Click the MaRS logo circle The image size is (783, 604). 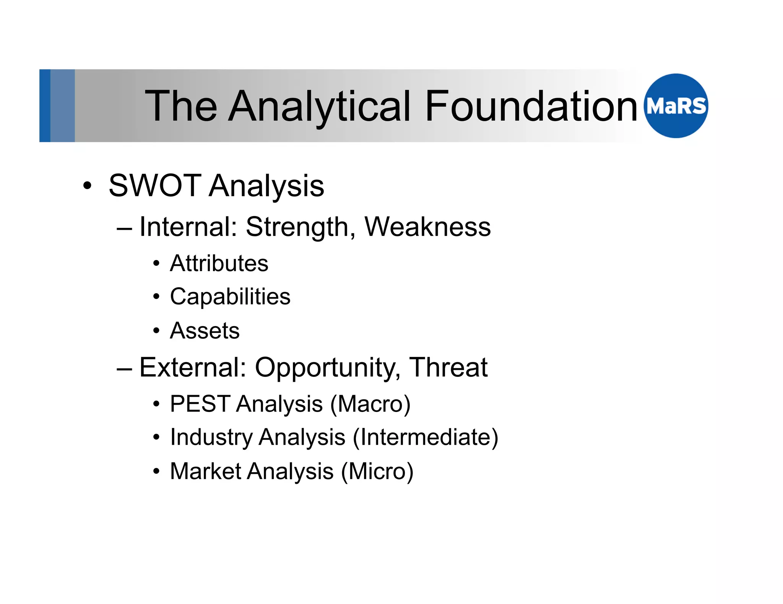(676, 106)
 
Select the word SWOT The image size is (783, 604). (155, 186)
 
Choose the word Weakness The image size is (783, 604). (427, 227)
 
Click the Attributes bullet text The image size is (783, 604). (219, 263)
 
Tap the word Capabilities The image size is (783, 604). (230, 297)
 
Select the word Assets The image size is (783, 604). (205, 330)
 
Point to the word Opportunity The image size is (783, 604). (328, 367)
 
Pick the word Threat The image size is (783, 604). (448, 367)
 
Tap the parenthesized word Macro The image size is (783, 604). (370, 404)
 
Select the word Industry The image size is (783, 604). (211, 437)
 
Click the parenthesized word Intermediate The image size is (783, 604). (426, 438)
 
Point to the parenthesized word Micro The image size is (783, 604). (377, 472)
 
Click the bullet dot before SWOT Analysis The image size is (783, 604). (87, 186)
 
